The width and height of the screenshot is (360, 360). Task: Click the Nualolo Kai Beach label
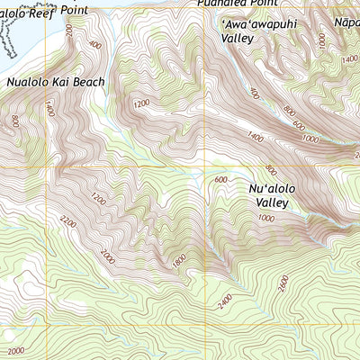pos(56,82)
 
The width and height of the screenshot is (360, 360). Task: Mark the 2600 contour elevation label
pos(285,284)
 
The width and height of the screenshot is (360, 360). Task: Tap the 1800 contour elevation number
pos(178,260)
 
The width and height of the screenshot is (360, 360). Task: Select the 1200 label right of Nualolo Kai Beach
pos(141,103)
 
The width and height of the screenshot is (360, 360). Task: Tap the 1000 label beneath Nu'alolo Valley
pos(265,219)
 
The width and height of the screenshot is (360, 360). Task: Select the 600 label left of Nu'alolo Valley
pos(220,179)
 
